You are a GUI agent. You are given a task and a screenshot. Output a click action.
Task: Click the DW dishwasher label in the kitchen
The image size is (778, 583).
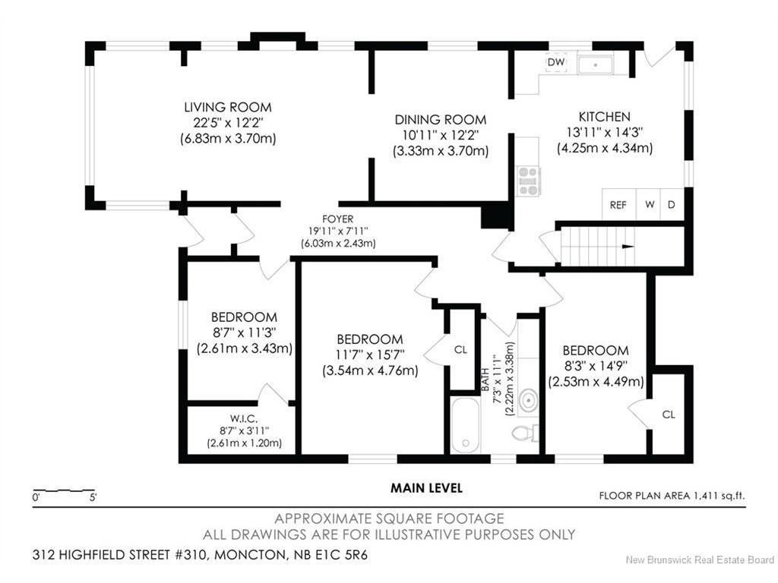point(555,62)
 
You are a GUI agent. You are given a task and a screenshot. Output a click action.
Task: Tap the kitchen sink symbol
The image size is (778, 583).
point(596,65)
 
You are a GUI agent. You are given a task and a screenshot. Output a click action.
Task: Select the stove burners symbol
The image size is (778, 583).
point(528,181)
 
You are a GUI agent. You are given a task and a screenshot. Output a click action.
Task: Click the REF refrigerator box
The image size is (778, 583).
point(618,204)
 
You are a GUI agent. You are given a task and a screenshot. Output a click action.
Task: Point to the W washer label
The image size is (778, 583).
point(650,204)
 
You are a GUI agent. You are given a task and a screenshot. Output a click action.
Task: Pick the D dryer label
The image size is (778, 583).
point(672,204)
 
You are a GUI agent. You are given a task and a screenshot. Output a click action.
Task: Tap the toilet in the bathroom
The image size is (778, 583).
point(524,433)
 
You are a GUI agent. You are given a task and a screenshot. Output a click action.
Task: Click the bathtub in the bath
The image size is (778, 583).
point(466,425)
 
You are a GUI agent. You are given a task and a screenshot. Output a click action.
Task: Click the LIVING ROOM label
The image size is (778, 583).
point(228,107)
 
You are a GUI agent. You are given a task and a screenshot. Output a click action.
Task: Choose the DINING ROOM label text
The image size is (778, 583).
point(441,119)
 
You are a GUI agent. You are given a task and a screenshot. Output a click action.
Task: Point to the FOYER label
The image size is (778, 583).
point(338,219)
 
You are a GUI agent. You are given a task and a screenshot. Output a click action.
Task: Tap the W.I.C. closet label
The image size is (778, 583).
point(244,419)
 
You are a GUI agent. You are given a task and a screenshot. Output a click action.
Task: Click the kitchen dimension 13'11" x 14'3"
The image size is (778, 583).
point(605,132)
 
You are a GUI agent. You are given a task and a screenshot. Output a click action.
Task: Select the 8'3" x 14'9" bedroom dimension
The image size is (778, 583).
point(596,367)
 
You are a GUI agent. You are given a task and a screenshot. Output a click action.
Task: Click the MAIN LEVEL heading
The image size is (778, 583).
point(427,488)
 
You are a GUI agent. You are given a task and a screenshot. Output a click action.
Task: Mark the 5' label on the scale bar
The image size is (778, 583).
point(93,497)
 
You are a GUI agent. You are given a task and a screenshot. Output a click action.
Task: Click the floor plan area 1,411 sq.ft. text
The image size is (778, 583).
point(672,495)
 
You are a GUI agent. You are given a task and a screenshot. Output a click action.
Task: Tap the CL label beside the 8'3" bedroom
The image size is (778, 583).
point(669,414)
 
